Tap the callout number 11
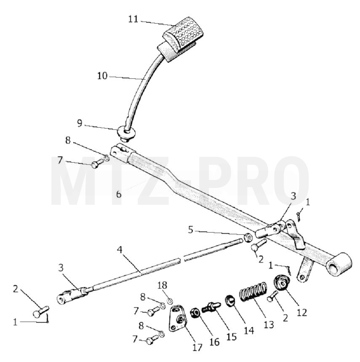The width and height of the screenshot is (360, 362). [x=133, y=19]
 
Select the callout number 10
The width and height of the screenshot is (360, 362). [x=102, y=76]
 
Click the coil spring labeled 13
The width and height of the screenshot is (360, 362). [x=253, y=290]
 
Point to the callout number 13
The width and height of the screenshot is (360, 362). [x=269, y=324]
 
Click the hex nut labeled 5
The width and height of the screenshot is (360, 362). [x=248, y=237]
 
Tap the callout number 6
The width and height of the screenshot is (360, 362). [x=119, y=194]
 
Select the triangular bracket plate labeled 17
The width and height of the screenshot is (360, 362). [x=178, y=319]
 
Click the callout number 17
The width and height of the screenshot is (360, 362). [x=197, y=347]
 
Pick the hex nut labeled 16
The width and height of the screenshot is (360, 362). [x=195, y=313]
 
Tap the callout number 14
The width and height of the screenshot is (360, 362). [x=249, y=330]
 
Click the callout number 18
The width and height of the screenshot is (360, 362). [x=162, y=285]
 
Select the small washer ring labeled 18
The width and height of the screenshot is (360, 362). [x=170, y=301]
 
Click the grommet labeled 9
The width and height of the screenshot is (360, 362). [x=126, y=132]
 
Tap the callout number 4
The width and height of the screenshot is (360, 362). [x=119, y=249]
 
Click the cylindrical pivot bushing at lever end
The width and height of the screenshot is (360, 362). [x=339, y=264]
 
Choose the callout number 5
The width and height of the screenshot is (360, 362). [x=190, y=230]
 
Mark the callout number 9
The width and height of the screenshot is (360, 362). [x=80, y=123]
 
